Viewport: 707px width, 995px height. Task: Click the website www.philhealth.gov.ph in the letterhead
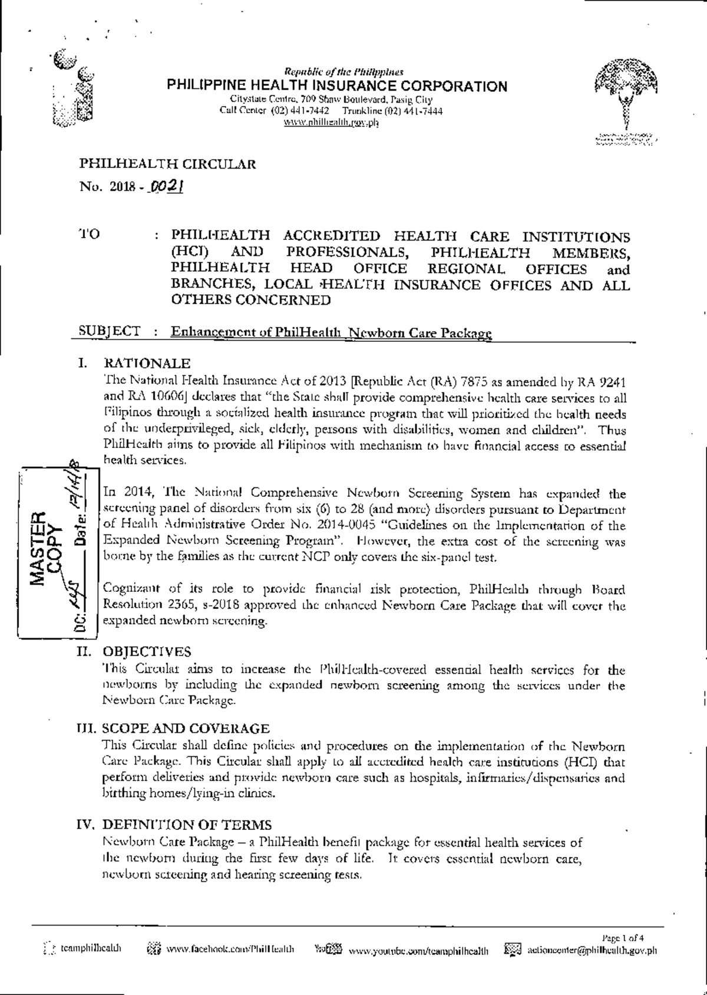(331, 123)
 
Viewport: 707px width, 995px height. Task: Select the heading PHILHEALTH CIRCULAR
(167, 164)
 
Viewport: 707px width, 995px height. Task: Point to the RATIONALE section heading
(147, 363)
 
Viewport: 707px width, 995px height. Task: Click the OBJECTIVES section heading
(147, 651)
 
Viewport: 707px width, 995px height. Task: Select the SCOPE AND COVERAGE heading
(186, 729)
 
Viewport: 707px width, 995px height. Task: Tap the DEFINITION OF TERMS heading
(187, 825)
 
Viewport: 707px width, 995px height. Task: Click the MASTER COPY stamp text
(46, 548)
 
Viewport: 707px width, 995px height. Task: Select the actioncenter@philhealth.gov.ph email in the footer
(592, 950)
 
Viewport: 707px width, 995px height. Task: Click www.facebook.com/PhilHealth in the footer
(230, 950)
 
